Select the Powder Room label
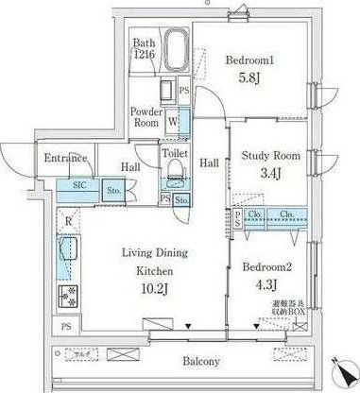pos(146,116)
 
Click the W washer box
pos(173,120)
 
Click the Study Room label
pos(268,155)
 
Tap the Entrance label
pos(65,158)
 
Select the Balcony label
pos(202,361)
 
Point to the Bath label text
pos(144,43)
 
